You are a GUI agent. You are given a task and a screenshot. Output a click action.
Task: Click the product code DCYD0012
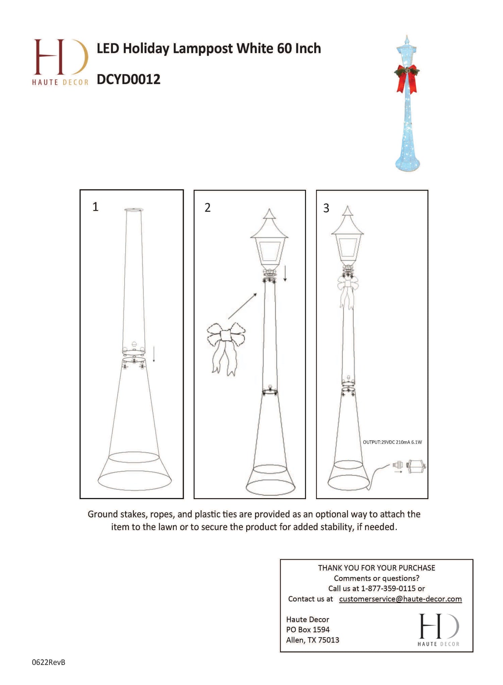(128, 80)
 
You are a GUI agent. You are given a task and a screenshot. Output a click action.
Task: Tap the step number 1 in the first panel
(96, 207)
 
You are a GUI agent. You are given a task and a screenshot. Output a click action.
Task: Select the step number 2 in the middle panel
(208, 208)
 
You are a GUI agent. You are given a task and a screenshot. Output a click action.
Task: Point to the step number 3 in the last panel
(326, 208)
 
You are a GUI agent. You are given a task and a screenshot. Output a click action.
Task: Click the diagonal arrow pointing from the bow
(242, 306)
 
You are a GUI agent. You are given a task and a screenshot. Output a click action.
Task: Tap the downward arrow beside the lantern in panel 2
(285, 273)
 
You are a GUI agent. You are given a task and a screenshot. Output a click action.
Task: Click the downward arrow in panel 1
(154, 354)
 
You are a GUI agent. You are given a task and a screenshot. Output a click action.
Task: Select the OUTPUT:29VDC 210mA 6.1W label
(392, 442)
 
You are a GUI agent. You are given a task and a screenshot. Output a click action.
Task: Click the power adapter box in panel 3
(416, 466)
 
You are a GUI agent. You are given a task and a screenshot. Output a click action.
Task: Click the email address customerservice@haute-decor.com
(400, 599)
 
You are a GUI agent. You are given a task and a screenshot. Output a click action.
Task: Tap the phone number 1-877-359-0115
(388, 588)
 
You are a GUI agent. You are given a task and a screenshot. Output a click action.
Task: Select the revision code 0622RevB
(49, 663)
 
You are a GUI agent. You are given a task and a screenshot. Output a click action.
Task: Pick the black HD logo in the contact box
(439, 630)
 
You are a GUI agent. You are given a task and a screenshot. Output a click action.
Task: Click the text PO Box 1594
(308, 630)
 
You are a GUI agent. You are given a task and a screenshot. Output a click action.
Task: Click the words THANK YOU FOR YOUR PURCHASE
(377, 568)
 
